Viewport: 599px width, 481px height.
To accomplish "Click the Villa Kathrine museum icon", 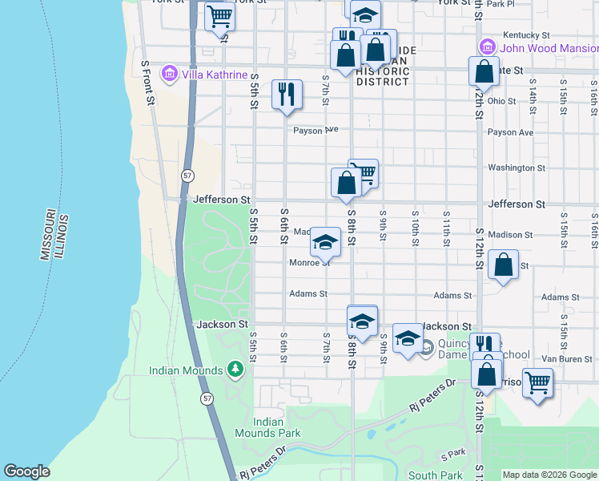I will point(169,75).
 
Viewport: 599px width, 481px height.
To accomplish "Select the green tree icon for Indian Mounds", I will point(235,370).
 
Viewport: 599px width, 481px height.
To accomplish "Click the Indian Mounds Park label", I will point(277,427).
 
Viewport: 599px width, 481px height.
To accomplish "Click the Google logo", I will point(26,471).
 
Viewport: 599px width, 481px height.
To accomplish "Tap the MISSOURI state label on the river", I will point(47,235).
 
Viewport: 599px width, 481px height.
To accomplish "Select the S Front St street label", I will point(147,83).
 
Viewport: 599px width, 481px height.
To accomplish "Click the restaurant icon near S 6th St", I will point(286,94).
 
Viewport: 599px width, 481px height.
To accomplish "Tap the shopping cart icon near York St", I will point(219,16).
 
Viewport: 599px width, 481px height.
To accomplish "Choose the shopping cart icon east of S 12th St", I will point(537,382).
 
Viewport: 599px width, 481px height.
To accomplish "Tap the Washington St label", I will point(516,168).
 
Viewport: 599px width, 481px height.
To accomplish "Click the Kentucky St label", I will point(525,35).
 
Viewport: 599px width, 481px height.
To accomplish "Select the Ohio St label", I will point(502,101).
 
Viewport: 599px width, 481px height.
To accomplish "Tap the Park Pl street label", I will point(499,4).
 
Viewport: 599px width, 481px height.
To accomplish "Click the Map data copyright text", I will point(549,475).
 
